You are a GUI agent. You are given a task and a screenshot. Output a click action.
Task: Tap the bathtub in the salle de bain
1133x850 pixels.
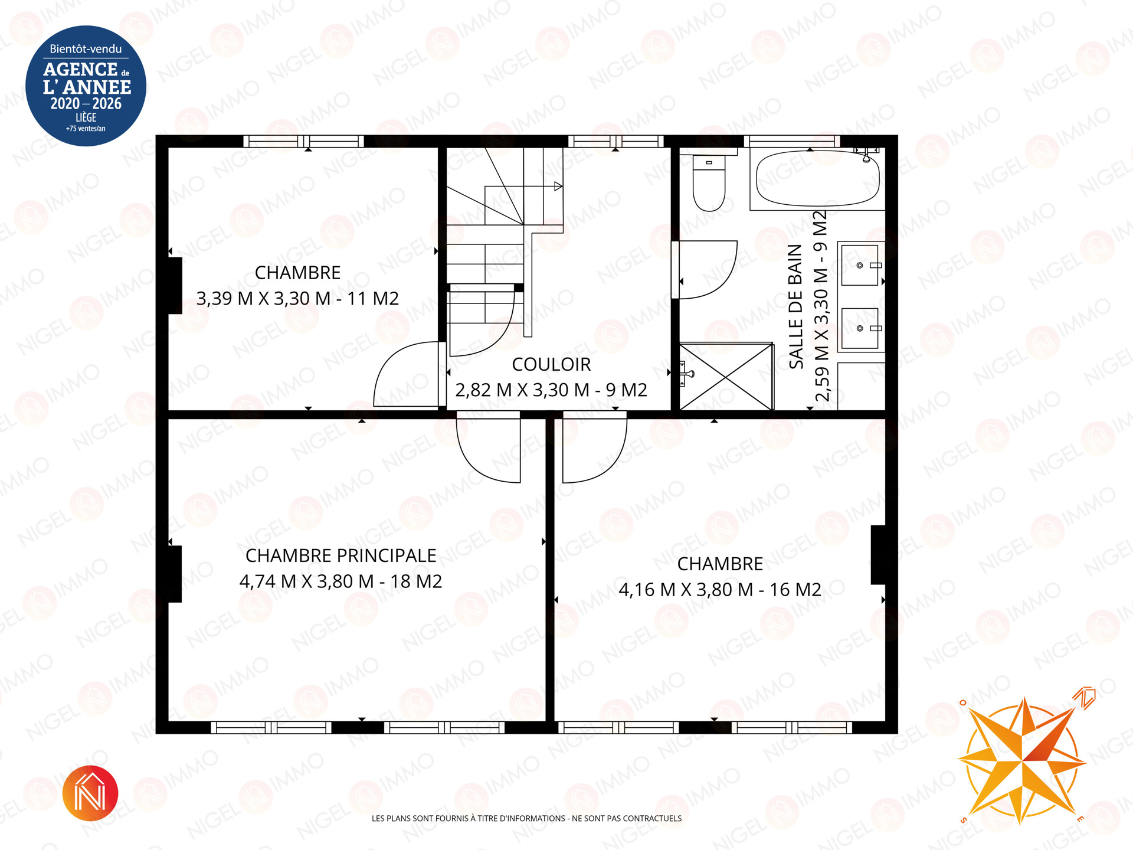click(817, 178)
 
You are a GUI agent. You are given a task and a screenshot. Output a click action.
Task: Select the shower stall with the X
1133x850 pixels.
click(726, 376)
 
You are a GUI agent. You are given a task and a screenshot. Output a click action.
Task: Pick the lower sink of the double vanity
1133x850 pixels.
click(860, 328)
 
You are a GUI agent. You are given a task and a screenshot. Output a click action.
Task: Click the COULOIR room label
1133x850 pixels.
click(551, 364)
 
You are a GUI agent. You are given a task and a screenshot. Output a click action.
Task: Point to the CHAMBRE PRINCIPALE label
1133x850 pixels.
click(341, 555)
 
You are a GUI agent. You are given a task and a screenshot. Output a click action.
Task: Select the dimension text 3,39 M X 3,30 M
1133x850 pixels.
click(263, 299)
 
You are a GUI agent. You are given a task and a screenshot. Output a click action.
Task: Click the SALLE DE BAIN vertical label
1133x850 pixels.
click(796, 306)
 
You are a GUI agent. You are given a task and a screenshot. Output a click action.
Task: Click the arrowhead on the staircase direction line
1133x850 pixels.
click(558, 187)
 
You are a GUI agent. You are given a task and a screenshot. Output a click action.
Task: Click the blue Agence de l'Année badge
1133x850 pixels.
click(86, 86)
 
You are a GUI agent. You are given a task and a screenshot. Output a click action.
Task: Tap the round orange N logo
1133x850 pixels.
click(90, 793)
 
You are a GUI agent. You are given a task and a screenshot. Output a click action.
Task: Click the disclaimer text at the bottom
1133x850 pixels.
click(526, 818)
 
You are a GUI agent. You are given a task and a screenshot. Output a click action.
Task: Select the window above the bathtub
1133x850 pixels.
click(791, 141)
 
